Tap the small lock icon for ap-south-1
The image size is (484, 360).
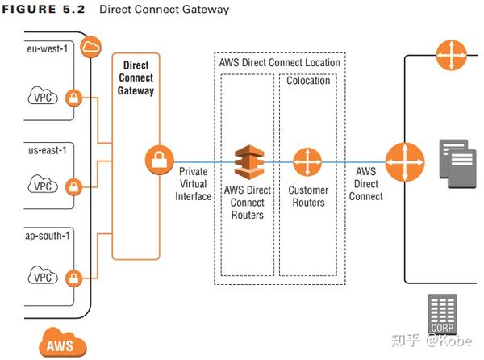[75, 277]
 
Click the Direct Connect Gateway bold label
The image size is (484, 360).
[136, 77]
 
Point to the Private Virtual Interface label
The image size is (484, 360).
[194, 184]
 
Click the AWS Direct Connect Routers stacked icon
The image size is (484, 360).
[248, 161]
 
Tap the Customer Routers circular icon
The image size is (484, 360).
[307, 161]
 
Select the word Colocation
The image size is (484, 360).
[308, 81]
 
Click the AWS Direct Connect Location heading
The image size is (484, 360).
[279, 62]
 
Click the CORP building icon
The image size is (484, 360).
[443, 314]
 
